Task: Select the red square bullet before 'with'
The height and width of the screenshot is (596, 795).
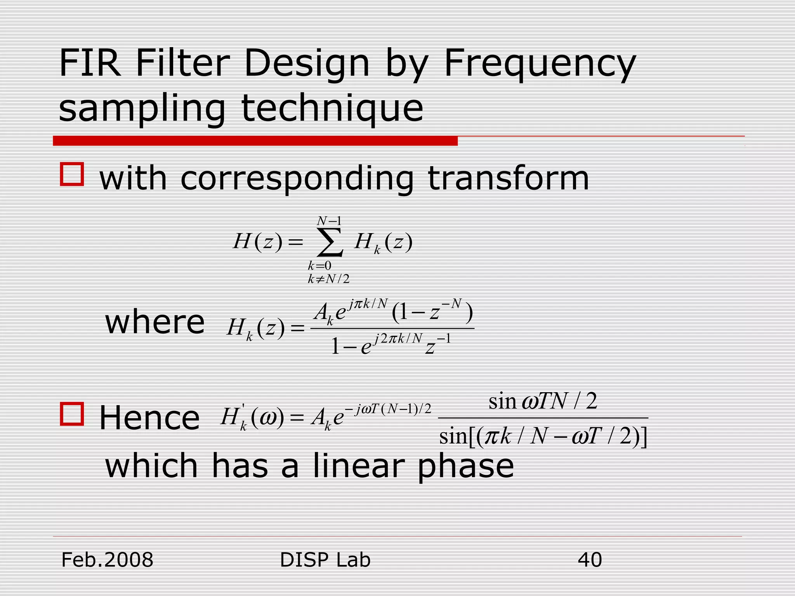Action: pos(72,174)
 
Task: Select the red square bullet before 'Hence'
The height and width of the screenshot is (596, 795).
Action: pos(72,414)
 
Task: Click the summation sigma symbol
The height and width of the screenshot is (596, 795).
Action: pos(330,243)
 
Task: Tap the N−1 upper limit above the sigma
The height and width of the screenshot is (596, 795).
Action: pos(329,221)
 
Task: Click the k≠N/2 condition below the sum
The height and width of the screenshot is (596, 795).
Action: pos(328,279)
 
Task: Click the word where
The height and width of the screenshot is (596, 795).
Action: pos(155,322)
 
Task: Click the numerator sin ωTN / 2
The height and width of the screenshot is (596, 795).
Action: pos(543,401)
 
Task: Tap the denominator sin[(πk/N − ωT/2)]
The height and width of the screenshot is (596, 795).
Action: pos(543,437)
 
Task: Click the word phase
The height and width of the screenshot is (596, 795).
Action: pos(465,467)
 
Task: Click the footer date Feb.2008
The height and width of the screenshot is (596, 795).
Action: pos(107,560)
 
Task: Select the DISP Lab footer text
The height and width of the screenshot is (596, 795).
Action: pos(325,560)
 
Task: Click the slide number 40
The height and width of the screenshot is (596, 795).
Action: pos(590,560)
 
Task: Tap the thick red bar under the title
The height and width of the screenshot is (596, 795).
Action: pos(255,141)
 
